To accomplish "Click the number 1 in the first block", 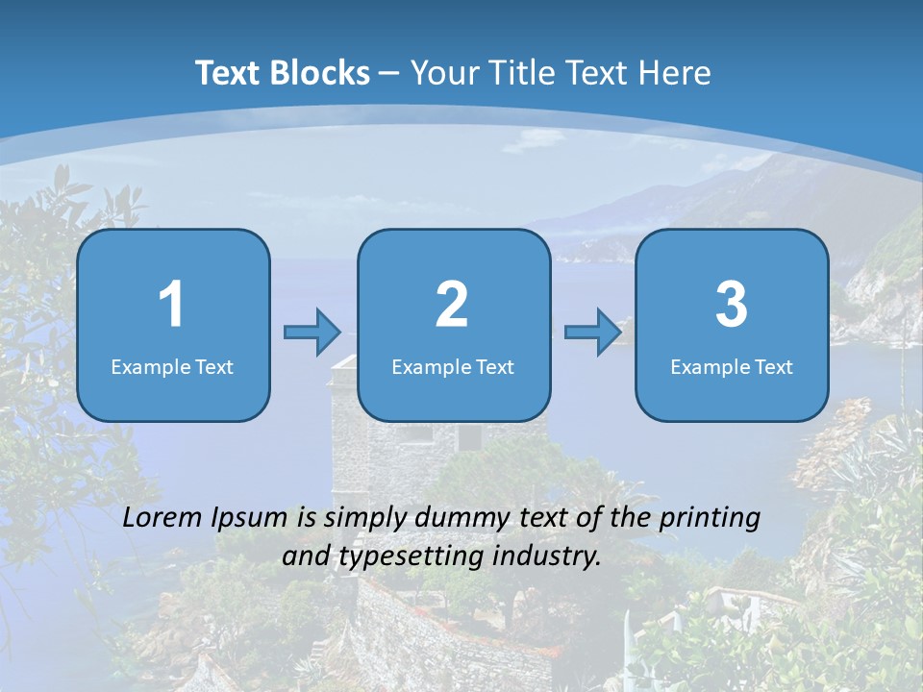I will click(x=171, y=305).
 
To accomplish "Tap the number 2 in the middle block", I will click(x=452, y=305).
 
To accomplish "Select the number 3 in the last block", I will click(x=732, y=305).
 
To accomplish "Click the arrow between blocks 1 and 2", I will click(x=312, y=333).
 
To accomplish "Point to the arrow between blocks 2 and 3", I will click(x=592, y=333).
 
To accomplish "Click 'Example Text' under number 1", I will click(x=172, y=366).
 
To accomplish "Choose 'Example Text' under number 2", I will click(x=453, y=366).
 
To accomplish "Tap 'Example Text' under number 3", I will click(x=732, y=366).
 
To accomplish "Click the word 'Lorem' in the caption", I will click(x=162, y=517).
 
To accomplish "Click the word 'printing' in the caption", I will click(x=709, y=518).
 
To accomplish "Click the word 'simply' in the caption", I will click(x=364, y=518).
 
